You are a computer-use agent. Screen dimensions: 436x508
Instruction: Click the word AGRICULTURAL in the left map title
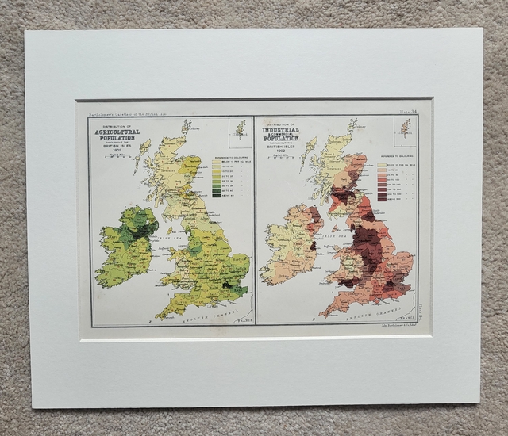[x=117, y=132]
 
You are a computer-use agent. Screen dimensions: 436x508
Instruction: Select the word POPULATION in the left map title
[x=117, y=138]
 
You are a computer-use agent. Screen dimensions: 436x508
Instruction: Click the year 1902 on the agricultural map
[x=117, y=149]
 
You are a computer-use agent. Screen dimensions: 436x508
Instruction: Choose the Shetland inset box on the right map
[x=405, y=128]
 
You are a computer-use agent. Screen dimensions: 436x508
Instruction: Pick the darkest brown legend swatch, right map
[x=382, y=199]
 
